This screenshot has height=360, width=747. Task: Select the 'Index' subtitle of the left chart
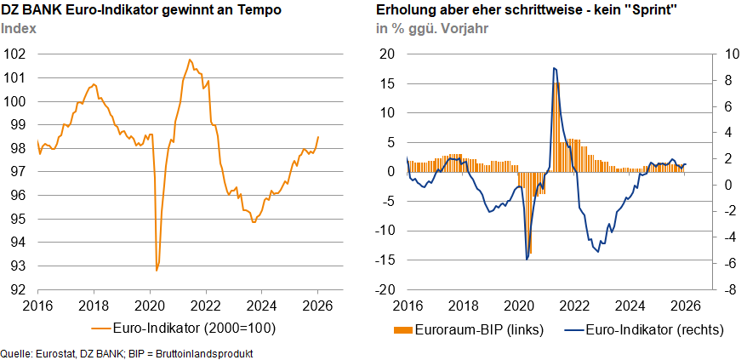point(18,28)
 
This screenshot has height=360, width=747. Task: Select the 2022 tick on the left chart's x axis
point(205,305)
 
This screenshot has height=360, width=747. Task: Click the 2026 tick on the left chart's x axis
point(317,305)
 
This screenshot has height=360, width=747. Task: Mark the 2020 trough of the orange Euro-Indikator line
point(157,270)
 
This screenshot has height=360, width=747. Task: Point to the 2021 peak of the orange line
point(189,60)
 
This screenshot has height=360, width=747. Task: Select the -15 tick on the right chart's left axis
point(385,260)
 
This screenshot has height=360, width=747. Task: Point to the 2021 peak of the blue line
point(554,68)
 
